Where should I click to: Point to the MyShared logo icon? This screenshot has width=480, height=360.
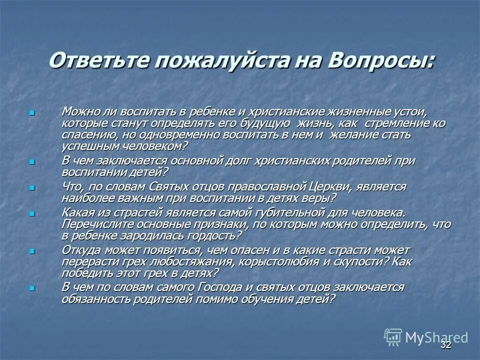click(393, 337)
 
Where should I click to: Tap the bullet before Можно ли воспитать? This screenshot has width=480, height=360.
click(32, 113)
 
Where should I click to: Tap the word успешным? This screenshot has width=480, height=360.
click(85, 147)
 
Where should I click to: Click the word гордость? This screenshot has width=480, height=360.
click(213, 235)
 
